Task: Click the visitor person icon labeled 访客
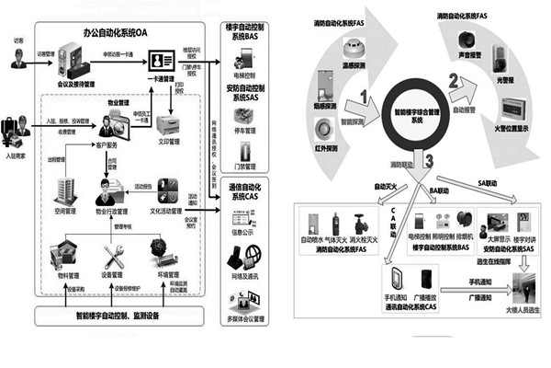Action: tap(17, 60)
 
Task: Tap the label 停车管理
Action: tap(247, 131)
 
